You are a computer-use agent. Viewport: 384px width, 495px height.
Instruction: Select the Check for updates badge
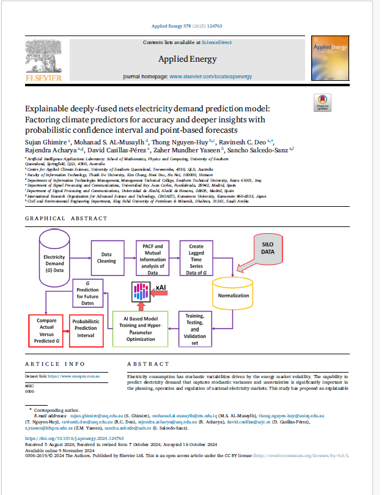pos(322,103)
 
